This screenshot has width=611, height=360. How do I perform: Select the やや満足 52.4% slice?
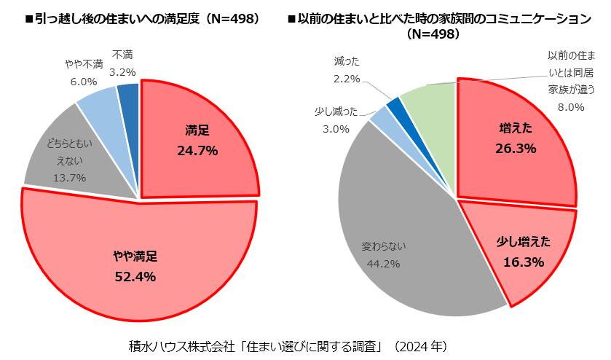135,266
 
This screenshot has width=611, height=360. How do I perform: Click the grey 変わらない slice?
393,233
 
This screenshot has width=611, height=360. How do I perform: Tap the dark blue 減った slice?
396,109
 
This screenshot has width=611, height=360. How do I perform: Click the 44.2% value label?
382,263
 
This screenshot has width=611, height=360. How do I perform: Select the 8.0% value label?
571,107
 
